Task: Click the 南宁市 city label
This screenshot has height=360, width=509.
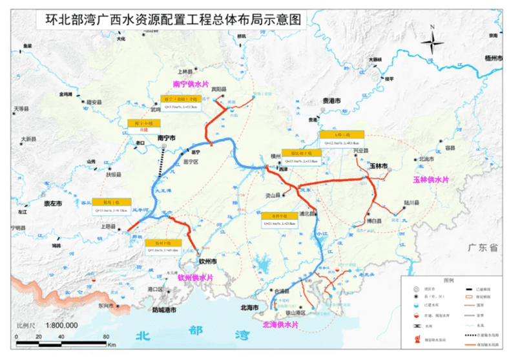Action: tap(166, 138)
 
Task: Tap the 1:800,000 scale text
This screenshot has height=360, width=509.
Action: tap(57, 325)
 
